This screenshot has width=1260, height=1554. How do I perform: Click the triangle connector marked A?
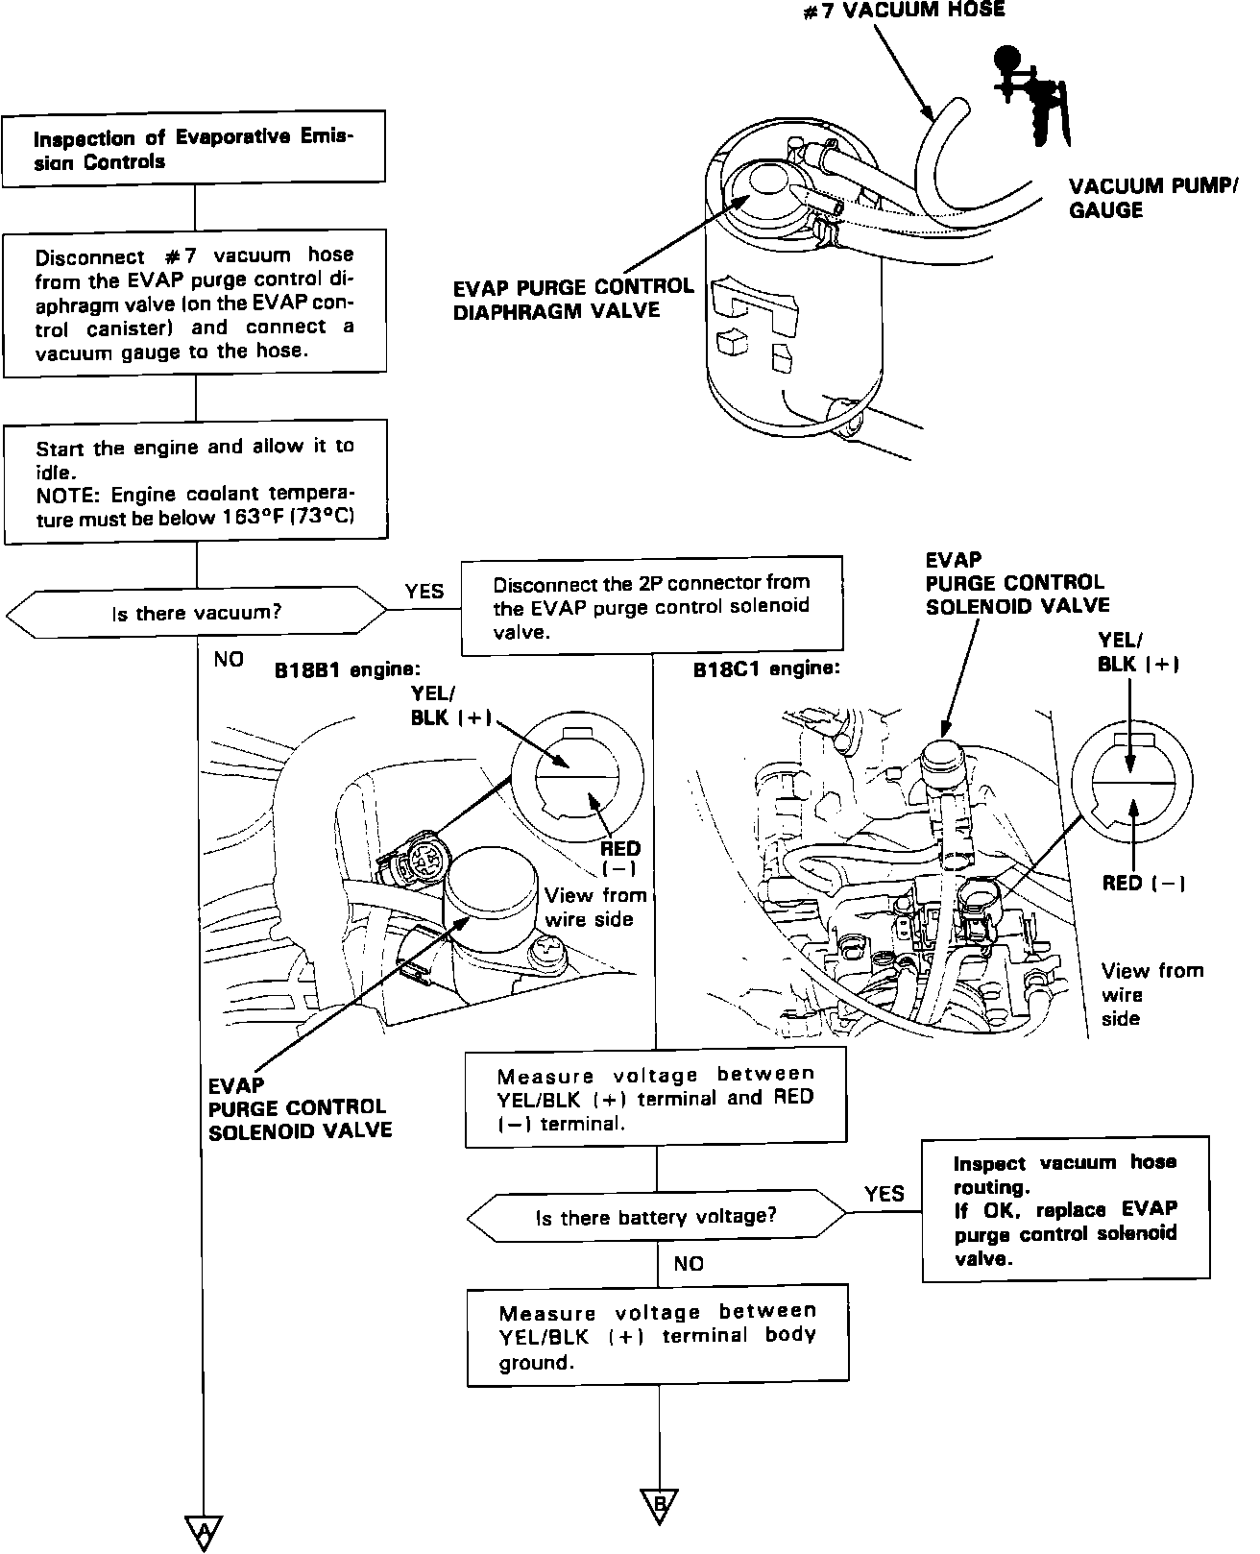pos(203,1530)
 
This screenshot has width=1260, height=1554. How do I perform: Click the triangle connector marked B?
pos(659,1505)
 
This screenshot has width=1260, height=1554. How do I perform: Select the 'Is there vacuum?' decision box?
pos(197,612)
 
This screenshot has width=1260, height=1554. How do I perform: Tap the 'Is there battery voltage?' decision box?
pos(657,1217)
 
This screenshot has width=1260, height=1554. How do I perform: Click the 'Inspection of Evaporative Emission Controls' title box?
pos(194,149)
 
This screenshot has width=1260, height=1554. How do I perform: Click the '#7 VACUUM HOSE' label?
pos(905,10)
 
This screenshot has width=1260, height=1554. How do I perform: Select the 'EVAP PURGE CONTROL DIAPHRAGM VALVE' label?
pos(573,298)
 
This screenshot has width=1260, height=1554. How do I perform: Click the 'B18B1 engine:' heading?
pos(348,669)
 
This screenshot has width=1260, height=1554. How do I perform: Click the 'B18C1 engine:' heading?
pos(766,668)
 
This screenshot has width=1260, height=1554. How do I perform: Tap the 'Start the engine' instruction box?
pos(196,482)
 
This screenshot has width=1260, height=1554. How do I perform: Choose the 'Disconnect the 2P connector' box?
pos(652,606)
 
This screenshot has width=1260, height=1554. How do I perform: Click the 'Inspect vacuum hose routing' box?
pos(1064,1210)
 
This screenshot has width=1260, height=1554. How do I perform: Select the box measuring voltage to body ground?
pos(658,1335)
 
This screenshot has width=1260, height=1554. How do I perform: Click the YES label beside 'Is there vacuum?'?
pos(424,591)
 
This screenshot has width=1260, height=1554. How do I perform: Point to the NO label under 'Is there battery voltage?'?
pos(689,1264)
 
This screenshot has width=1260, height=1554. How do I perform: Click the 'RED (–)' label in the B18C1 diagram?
pos(1143,884)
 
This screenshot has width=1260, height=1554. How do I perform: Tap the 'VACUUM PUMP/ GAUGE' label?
pos(1151,198)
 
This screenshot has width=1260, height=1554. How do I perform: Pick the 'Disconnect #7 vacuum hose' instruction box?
pos(195,303)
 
